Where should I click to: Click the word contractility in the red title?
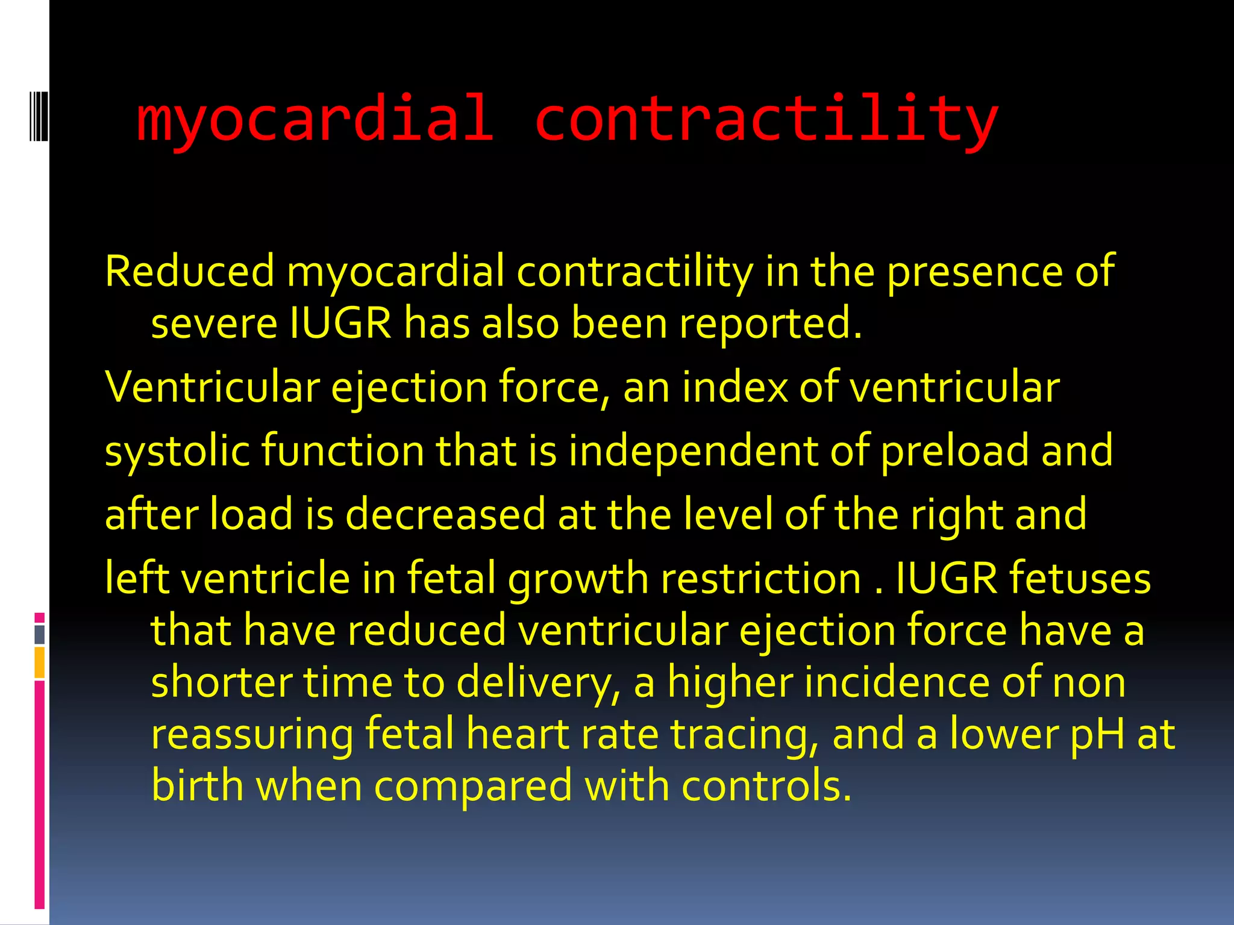766,118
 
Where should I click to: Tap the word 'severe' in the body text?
214,323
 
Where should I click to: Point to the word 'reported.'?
771,323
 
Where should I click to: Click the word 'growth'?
578,579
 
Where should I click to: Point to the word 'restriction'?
761,579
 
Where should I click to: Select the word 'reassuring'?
252,735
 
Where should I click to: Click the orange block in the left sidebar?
40,662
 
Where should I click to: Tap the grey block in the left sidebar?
40,634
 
